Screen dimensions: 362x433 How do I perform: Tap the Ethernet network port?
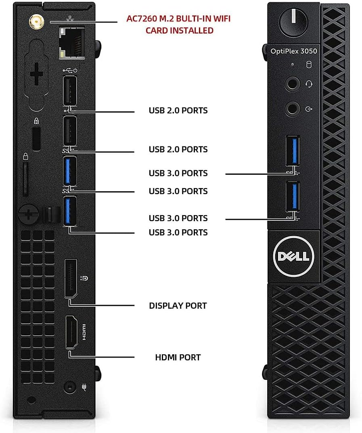[71, 42]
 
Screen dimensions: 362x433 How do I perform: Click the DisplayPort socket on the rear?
[71, 278]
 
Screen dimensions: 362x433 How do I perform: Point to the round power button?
[293, 21]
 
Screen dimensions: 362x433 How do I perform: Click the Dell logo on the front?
[293, 257]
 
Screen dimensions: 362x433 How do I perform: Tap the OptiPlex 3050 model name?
[294, 51]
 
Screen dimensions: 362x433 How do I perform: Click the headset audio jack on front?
[292, 84]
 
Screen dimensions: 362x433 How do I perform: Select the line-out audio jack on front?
[292, 109]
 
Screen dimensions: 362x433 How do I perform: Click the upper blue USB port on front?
[293, 151]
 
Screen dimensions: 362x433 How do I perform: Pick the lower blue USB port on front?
[293, 197]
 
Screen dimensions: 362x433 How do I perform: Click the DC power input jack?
[69, 387]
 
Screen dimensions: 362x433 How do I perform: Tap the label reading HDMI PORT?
[178, 357]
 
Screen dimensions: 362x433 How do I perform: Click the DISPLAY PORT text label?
[178, 306]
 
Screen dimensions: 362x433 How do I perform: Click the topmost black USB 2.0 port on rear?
[70, 90]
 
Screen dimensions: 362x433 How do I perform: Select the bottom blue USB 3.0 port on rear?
[70, 211]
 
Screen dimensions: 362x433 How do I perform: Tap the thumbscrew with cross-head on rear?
[28, 214]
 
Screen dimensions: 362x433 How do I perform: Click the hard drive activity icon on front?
[309, 65]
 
